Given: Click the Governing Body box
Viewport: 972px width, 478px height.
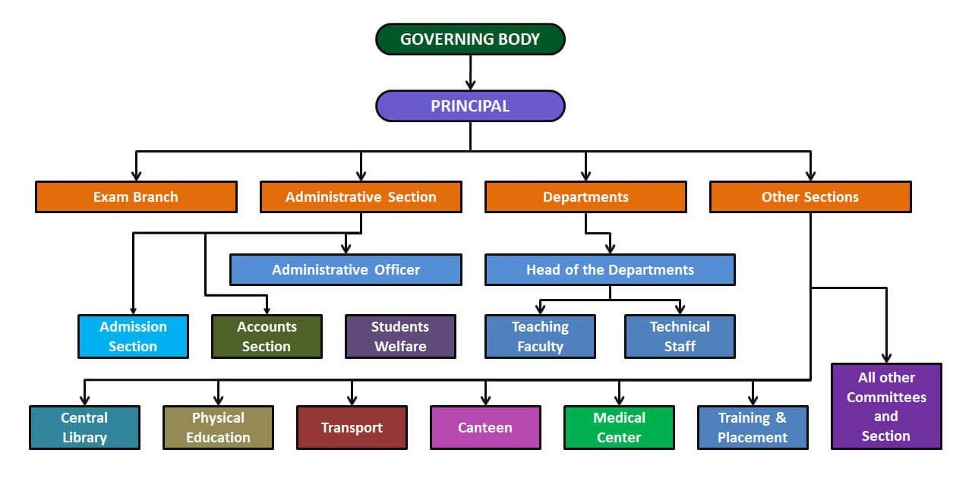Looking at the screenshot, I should (x=470, y=39).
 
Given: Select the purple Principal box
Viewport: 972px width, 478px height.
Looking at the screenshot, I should (x=470, y=106).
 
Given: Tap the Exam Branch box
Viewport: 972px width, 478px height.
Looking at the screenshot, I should (x=136, y=197).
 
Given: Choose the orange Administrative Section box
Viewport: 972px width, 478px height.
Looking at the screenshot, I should (x=361, y=197).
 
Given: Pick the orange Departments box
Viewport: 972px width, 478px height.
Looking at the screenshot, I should (x=585, y=197).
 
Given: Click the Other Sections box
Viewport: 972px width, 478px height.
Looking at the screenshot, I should (x=810, y=197).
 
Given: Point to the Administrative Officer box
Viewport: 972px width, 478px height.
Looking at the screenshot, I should (x=346, y=269).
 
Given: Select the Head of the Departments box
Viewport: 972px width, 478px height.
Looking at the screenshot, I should (x=610, y=269).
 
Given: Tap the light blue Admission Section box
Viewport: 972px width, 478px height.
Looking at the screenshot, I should (x=133, y=336).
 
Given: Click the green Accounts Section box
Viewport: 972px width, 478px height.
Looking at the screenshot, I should (x=267, y=336).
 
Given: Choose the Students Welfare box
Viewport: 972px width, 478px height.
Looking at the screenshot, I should (x=400, y=336).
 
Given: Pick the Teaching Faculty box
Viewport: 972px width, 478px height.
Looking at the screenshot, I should (x=540, y=336).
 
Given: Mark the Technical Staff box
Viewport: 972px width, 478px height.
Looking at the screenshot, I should (x=680, y=336).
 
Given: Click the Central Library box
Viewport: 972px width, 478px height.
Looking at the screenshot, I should (x=84, y=427).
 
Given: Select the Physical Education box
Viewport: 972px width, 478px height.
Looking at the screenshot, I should (x=218, y=427).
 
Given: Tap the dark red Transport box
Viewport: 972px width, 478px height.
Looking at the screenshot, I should (x=352, y=427).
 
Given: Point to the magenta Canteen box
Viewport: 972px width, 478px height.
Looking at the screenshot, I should (x=485, y=427).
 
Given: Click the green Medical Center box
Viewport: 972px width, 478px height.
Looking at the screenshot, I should (x=619, y=427).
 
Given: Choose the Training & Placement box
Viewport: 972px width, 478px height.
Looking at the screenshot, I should (x=753, y=427).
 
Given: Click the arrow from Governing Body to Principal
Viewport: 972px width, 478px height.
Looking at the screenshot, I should (x=470, y=73).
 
